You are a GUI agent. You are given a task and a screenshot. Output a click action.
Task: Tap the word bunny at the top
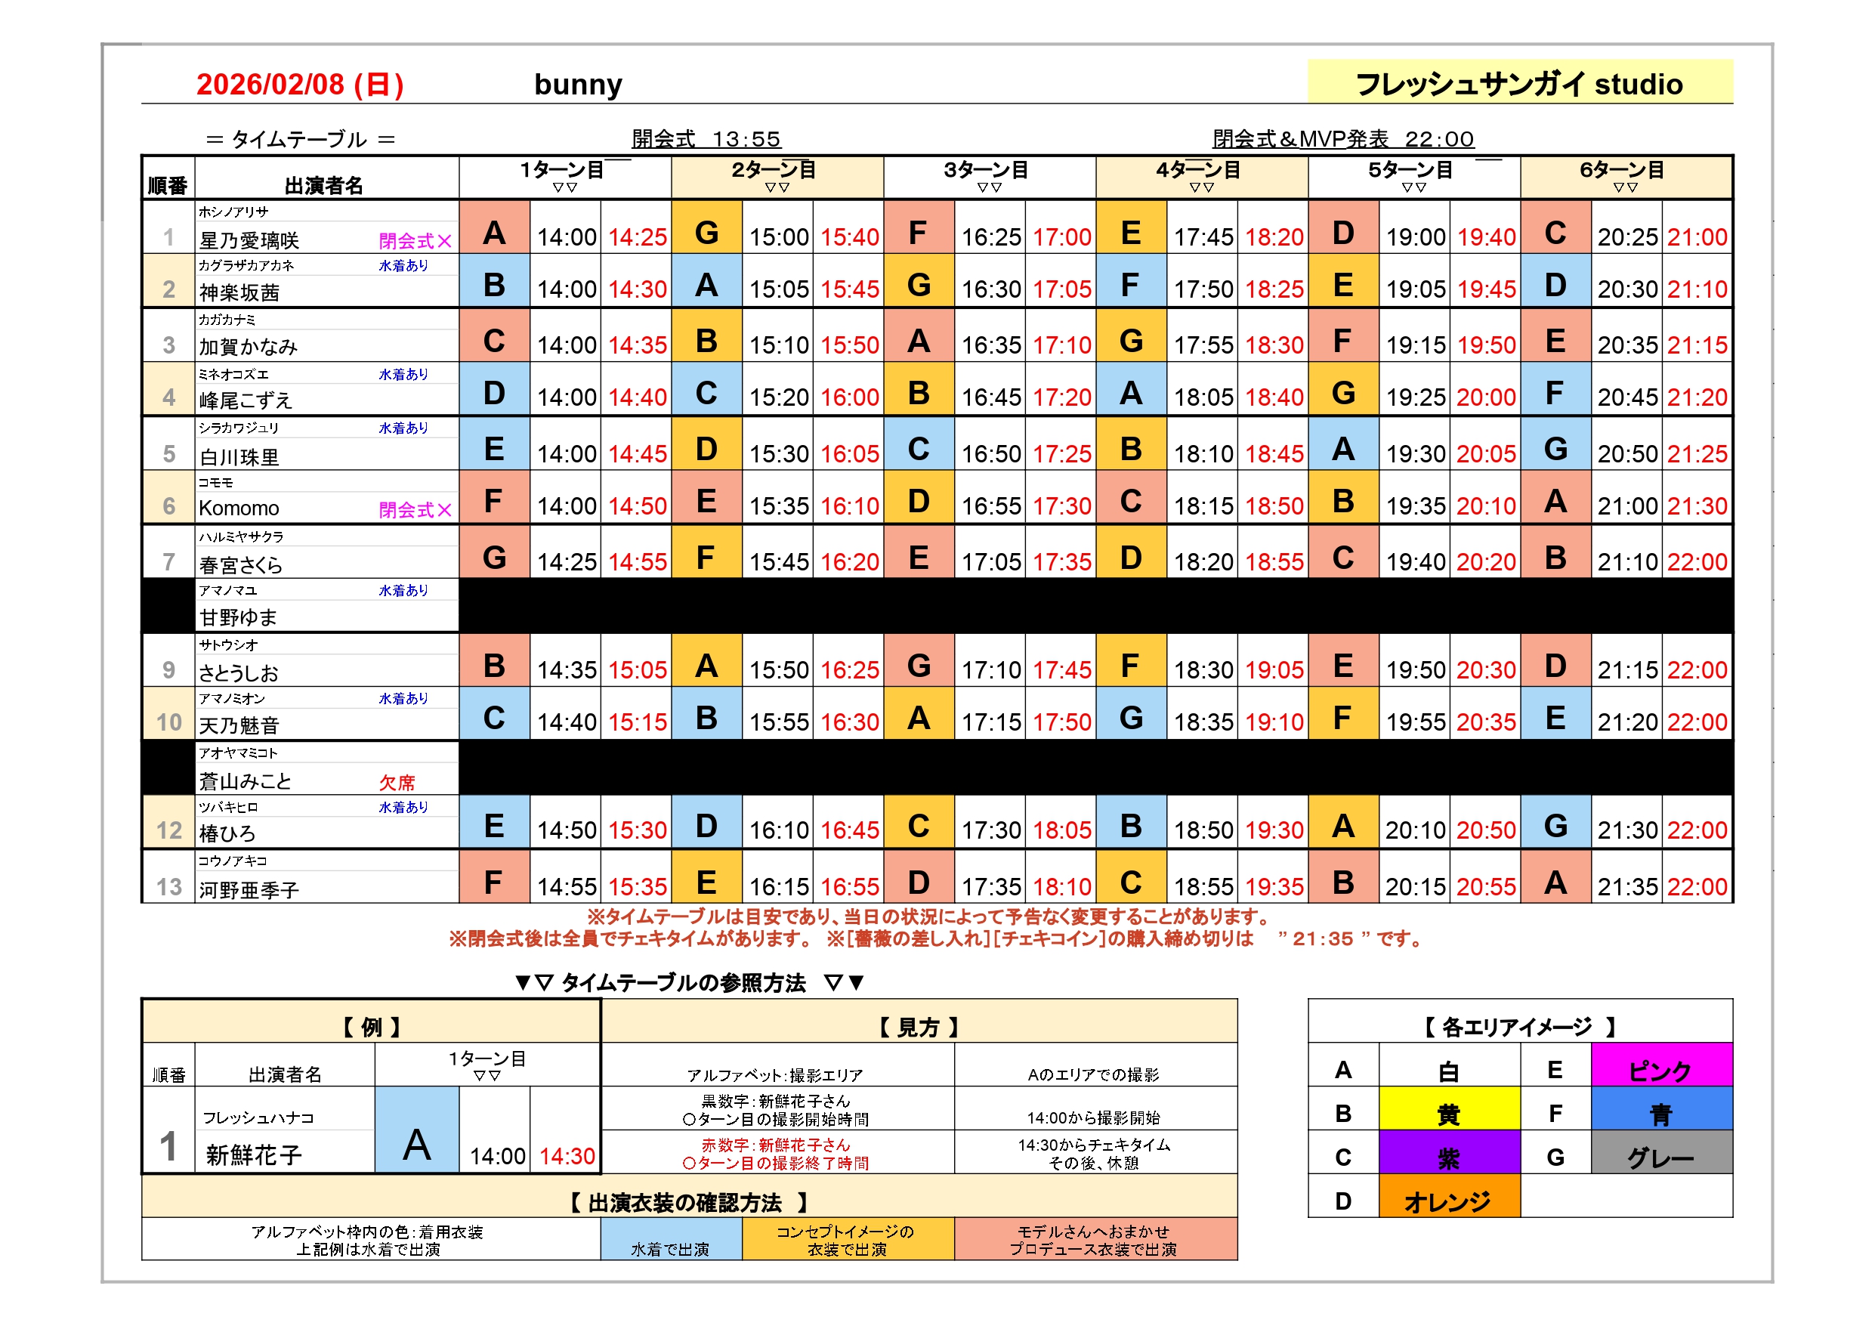[577, 84]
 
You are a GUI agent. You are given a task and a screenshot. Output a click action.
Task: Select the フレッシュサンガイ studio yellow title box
[1519, 82]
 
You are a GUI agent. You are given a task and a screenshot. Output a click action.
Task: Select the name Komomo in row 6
[239, 508]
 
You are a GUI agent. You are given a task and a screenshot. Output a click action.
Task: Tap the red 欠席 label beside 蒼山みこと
[397, 782]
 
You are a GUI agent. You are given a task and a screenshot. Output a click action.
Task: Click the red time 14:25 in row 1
[637, 237]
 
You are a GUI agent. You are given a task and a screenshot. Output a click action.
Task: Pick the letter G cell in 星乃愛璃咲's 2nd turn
[706, 233]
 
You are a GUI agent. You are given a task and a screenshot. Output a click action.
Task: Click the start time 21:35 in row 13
[1626, 886]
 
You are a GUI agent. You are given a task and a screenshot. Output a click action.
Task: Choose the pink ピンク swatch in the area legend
[1660, 1069]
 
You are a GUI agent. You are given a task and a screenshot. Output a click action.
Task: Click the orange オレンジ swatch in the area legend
[1448, 1200]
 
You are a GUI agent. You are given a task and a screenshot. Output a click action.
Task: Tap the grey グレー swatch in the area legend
[1660, 1156]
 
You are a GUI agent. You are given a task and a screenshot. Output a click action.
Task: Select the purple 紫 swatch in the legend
[1448, 1156]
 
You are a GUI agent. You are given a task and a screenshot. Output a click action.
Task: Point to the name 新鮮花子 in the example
[254, 1154]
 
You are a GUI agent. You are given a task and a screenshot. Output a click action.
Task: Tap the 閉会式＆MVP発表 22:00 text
[1342, 139]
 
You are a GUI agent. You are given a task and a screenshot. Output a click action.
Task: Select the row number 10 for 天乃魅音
[169, 722]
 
